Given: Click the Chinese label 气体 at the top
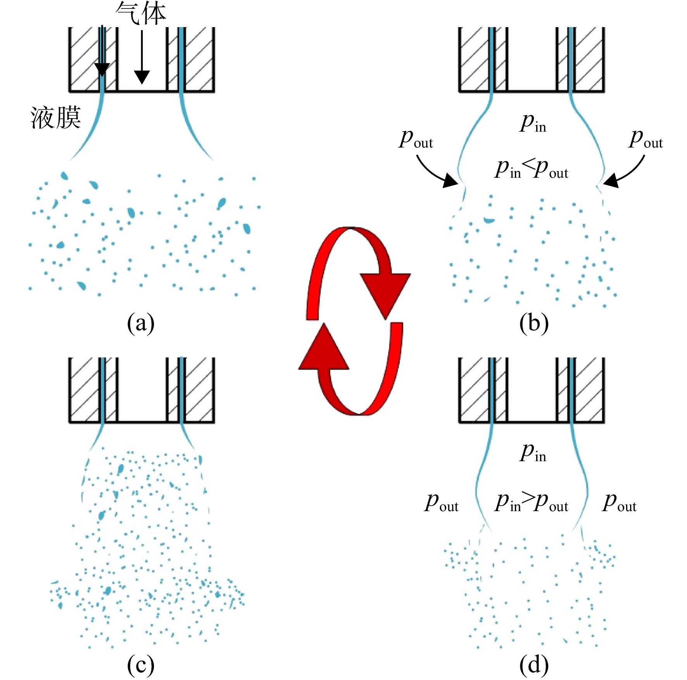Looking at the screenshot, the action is coord(141,14).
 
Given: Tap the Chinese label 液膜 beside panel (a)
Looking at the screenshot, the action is coord(56,117).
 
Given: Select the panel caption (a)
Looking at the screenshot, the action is coord(141,323).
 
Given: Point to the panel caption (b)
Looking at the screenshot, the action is coord(534,323).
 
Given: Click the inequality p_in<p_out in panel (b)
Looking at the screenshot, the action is coord(531,169).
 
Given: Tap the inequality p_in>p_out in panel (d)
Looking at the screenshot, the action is coord(531,502).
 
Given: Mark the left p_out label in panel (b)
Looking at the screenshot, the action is coord(416,139).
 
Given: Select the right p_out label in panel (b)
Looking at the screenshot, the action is coord(646,139).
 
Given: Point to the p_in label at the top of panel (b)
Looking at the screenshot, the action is coord(533,123).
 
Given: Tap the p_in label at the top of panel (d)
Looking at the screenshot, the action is coord(533,452).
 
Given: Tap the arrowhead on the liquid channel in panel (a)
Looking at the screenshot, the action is coord(102,70).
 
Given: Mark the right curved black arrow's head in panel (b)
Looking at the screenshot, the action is coord(611,181).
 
